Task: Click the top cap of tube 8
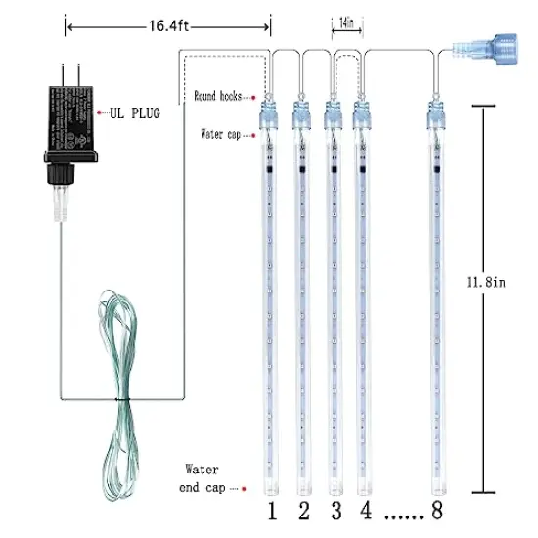pyautogui.click(x=433, y=117)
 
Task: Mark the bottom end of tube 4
pyautogui.click(x=364, y=484)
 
